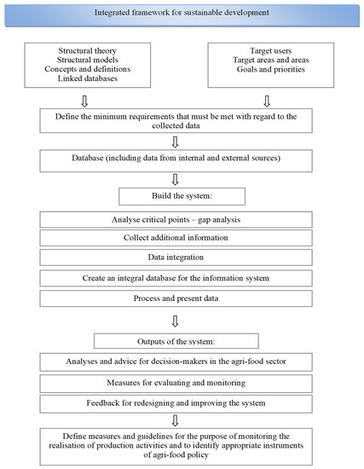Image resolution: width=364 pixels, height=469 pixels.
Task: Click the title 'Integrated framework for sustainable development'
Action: pyautogui.click(x=182, y=11)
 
